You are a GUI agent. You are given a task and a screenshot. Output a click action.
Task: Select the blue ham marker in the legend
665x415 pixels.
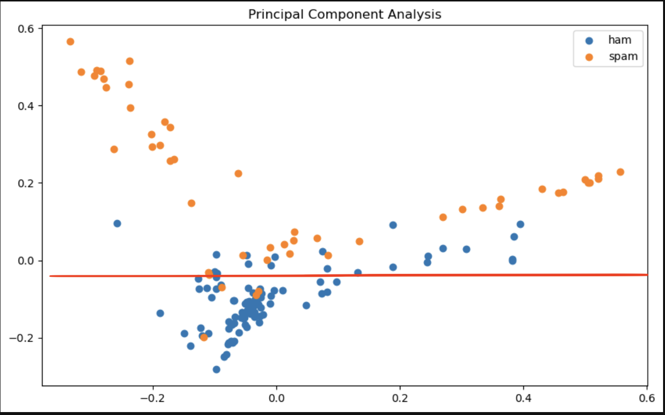(589, 40)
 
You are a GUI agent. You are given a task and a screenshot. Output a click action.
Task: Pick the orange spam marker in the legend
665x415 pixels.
(589, 57)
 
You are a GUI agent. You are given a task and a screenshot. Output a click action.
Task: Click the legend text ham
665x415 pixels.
(620, 40)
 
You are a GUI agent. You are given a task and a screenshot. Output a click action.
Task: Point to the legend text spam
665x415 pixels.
(623, 57)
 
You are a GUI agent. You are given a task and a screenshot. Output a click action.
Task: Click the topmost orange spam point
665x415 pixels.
(70, 41)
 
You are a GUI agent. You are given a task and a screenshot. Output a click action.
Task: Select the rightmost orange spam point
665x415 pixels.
(621, 172)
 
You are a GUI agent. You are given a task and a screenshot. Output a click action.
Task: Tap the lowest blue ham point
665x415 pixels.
(216, 369)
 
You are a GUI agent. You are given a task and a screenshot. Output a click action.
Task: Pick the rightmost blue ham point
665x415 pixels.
(520, 224)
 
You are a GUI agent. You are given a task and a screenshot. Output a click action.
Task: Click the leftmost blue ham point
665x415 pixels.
(117, 224)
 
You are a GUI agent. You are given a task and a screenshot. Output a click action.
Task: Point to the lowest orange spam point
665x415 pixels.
(204, 337)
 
